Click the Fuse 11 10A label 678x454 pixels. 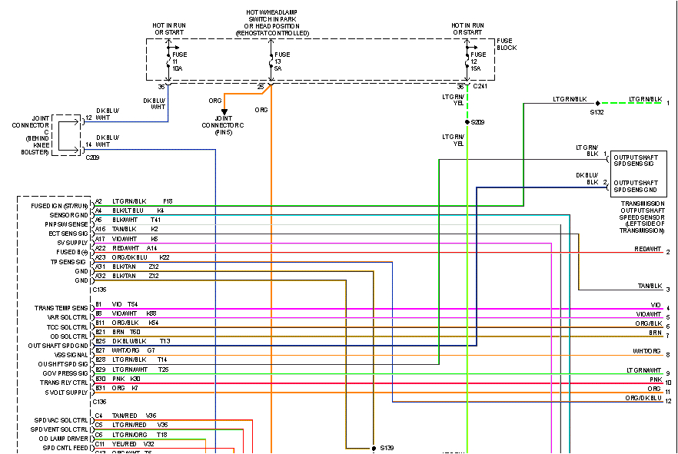(x=178, y=61)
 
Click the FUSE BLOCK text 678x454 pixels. (x=507, y=44)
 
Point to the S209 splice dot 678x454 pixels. (x=467, y=122)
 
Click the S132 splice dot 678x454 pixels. (x=597, y=102)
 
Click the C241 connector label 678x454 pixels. (x=480, y=87)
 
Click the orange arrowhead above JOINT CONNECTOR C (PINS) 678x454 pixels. (x=224, y=112)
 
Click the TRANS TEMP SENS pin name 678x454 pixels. (x=61, y=308)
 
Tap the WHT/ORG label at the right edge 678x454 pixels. (x=646, y=351)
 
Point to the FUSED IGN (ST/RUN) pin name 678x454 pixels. (x=61, y=206)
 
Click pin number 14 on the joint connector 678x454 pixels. (x=88, y=144)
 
